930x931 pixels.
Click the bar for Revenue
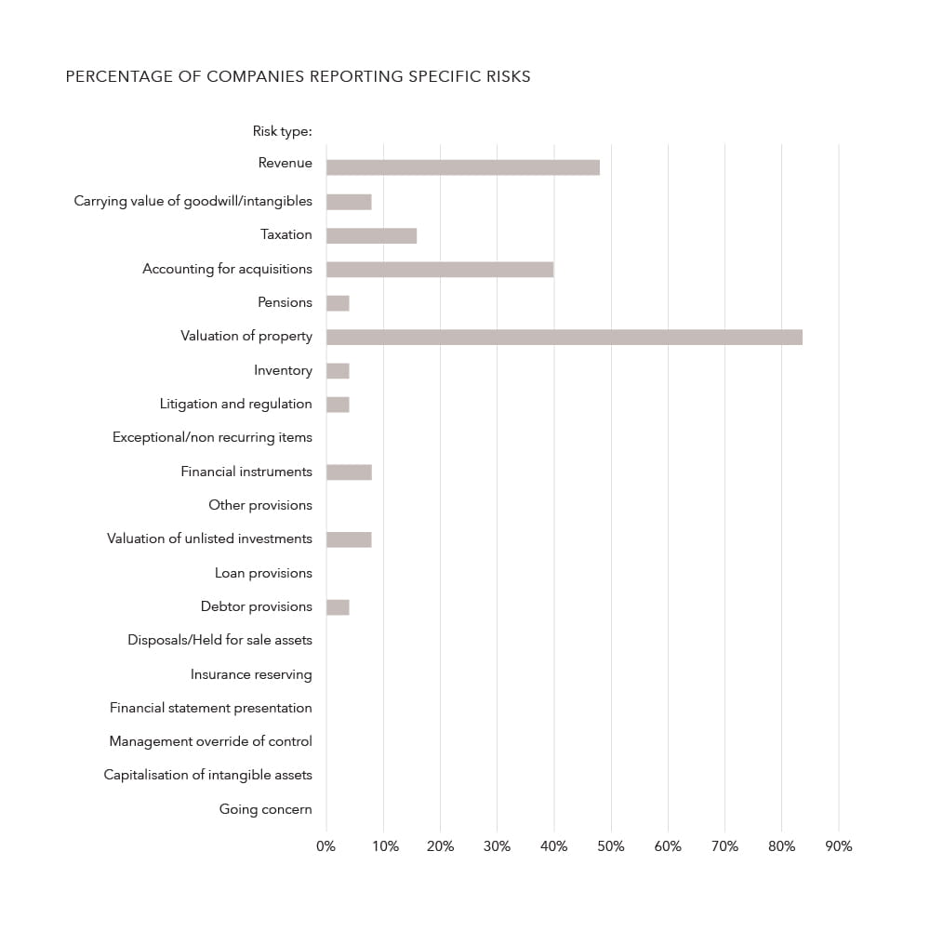462,167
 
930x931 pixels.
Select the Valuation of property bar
564,337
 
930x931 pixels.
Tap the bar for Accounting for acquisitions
440,269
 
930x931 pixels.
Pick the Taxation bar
371,235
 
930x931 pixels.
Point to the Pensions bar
338,303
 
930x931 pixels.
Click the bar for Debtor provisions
338,607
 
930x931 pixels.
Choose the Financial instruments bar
349,472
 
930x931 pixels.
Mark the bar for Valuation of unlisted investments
349,539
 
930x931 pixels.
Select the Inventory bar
338,370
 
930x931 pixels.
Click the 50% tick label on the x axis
611,846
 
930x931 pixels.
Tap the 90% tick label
839,846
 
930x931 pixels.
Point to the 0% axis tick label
325,846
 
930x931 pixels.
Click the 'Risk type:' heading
282,131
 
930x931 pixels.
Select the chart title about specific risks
298,76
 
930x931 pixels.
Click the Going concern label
265,809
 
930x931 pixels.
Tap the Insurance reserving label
251,674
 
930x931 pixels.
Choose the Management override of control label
210,741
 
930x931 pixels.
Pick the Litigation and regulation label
235,404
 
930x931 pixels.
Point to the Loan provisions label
263,573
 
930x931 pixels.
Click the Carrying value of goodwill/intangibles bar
349,202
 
